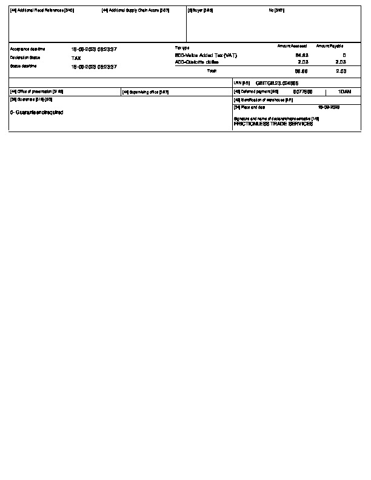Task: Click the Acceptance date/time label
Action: [x=27, y=48]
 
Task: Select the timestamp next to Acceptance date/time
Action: [x=94, y=48]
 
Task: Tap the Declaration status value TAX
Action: [x=76, y=58]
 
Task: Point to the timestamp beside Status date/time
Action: [x=94, y=66]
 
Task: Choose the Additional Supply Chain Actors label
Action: [x=135, y=10]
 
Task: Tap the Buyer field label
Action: [x=201, y=10]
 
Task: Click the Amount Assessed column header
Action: [x=292, y=46]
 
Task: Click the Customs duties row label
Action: [x=196, y=62]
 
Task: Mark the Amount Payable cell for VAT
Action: [x=344, y=55]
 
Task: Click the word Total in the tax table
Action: [x=212, y=71]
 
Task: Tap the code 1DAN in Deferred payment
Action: [x=344, y=92]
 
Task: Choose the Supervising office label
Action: [x=145, y=92]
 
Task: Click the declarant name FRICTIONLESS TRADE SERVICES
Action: [x=273, y=123]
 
